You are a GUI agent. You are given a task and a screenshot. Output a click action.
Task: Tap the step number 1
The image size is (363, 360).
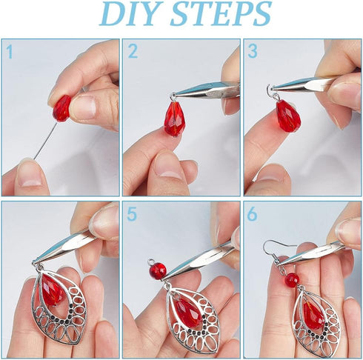coord(10,52)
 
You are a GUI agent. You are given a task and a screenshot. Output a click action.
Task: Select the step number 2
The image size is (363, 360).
coord(133,52)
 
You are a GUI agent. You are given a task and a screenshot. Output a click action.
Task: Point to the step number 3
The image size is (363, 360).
coord(253,52)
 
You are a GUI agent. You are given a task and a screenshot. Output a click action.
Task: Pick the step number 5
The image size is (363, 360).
coord(133,213)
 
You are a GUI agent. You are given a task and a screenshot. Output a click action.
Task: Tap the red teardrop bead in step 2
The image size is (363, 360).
coord(175,118)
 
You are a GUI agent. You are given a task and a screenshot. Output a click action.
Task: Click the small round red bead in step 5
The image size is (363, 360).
coord(158,271)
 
